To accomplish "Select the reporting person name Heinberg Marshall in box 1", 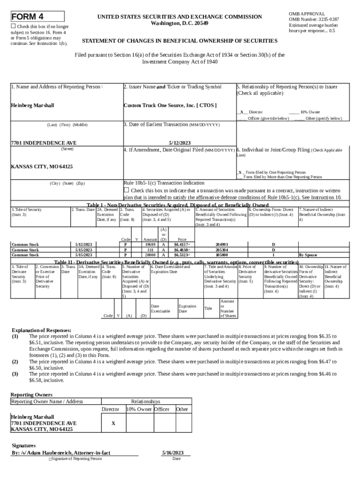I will coord(32,105).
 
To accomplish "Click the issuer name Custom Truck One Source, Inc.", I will coord(170,105).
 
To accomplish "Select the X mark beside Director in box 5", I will coord(241,112).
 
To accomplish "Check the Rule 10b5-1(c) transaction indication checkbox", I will coord(126,190).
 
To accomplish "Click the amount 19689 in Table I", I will coord(150,244).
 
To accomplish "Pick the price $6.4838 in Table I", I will coord(181,250).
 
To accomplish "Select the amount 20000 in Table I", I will coord(150,255).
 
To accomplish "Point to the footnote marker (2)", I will coord(15,362).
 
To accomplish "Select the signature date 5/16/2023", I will coord(173,452).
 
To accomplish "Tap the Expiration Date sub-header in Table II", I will coord(187,309).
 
